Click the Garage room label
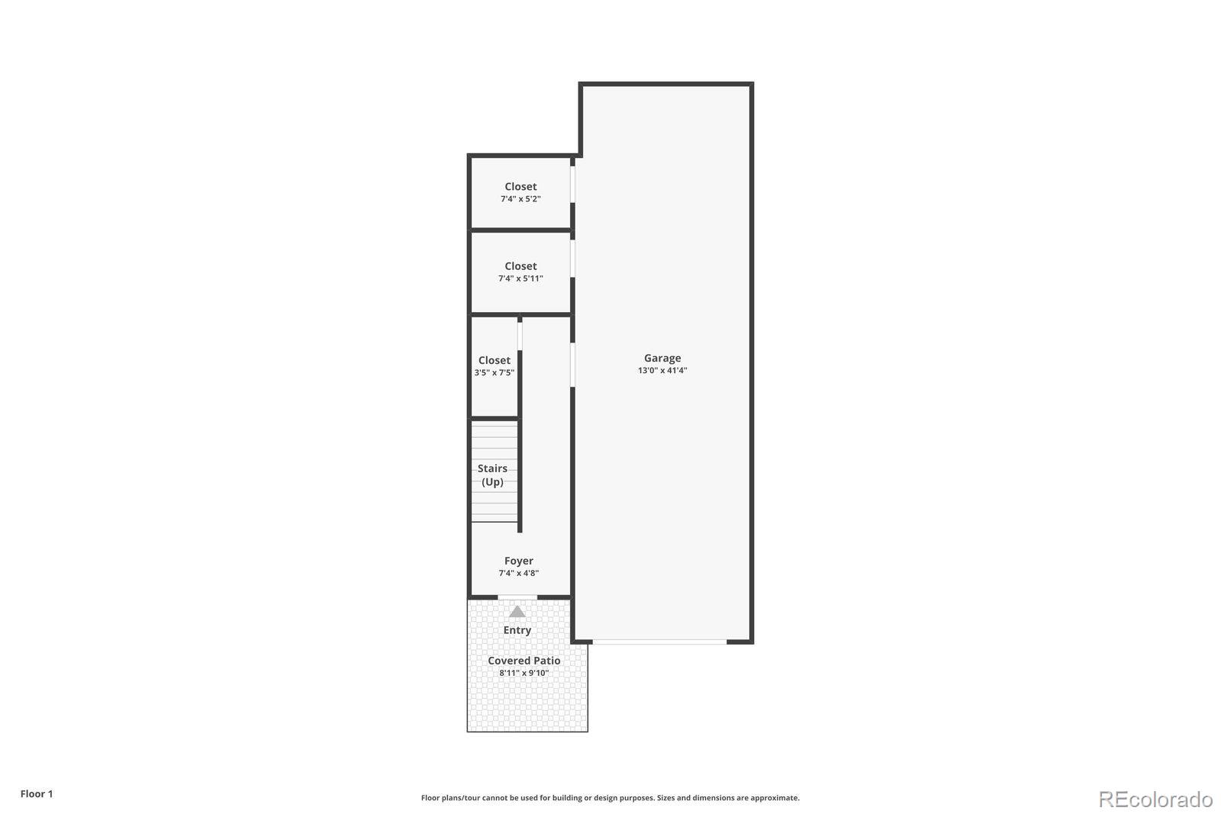[662, 358]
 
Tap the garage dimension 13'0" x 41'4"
[662, 371]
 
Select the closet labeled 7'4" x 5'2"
[520, 192]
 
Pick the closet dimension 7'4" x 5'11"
[520, 279]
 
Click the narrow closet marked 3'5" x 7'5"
[494, 366]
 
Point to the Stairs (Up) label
[492, 475]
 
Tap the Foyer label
[518, 561]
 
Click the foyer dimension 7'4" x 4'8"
[518, 574]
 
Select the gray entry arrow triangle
[517, 612]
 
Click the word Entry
[517, 630]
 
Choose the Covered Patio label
[524, 661]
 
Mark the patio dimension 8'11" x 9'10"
[524, 674]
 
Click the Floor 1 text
[37, 794]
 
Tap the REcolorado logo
[1155, 799]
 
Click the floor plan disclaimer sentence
[610, 798]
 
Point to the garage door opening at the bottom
[659, 642]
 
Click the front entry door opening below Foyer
[517, 597]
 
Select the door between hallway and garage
[572, 365]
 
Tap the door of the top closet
[572, 184]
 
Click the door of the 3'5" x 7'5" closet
[520, 336]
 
